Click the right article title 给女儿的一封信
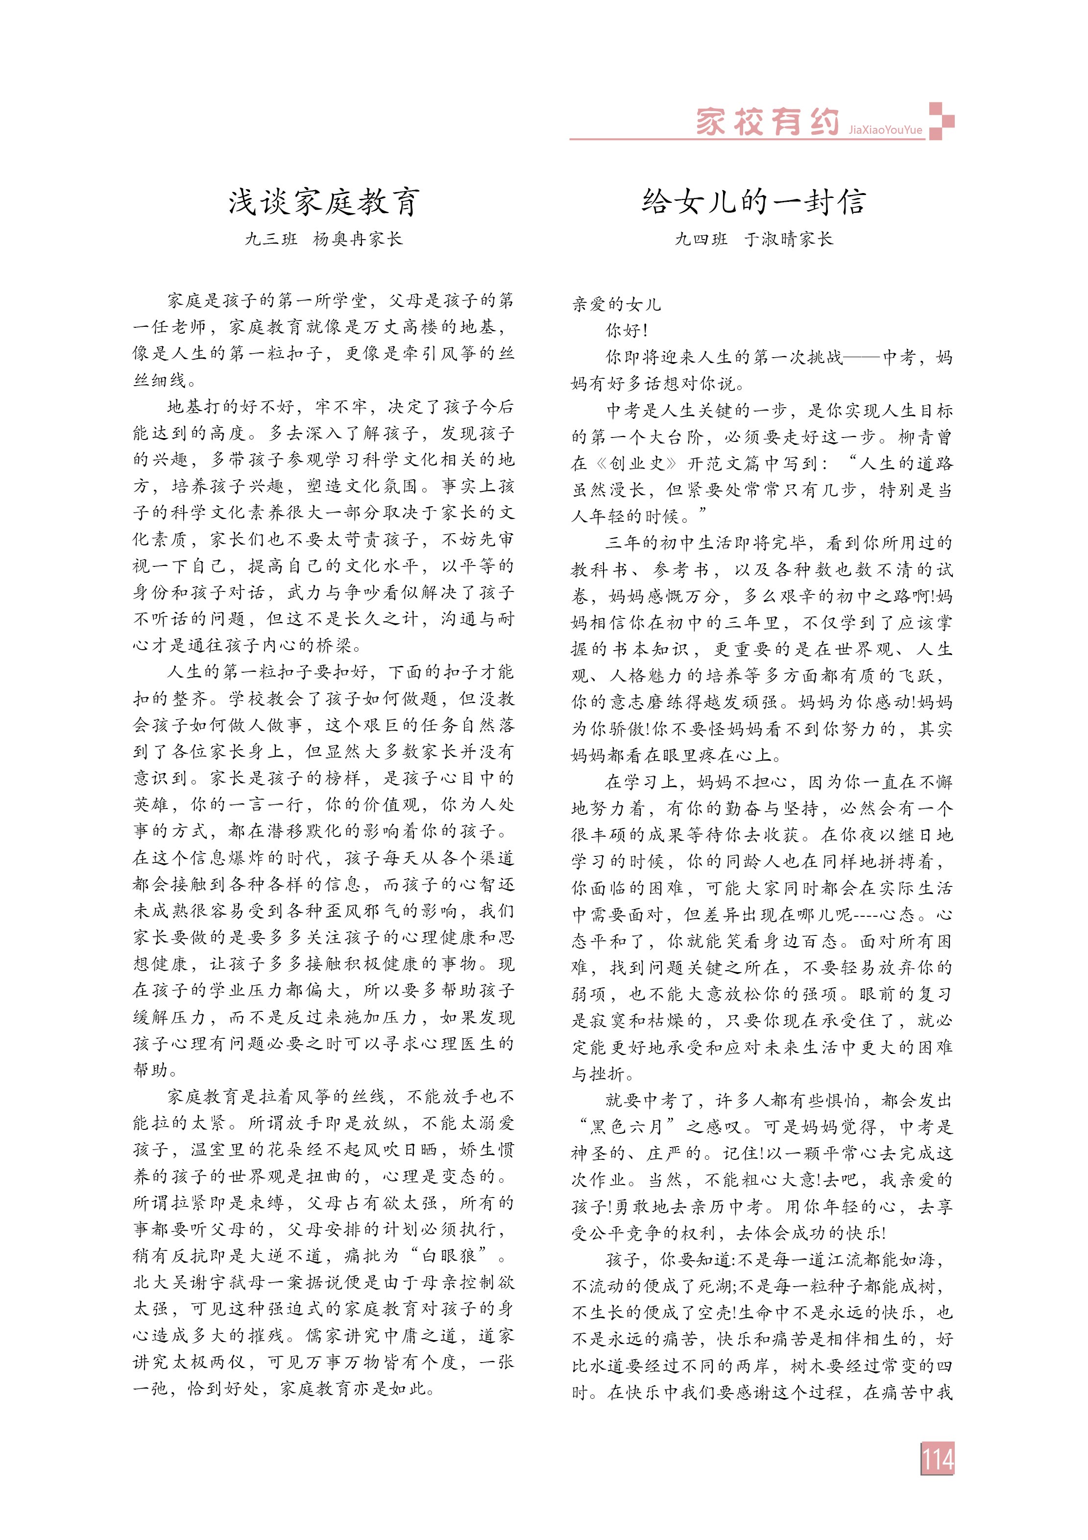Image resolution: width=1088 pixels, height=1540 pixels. [753, 202]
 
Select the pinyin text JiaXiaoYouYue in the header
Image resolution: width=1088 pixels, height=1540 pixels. [885, 130]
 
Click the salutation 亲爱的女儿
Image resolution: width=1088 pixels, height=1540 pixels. [616, 304]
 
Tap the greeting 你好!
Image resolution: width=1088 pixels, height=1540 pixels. [627, 331]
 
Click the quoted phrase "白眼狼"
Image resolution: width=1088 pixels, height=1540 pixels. [454, 1256]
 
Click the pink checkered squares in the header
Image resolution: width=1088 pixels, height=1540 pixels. [941, 121]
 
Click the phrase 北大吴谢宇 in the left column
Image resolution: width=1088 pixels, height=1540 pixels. [178, 1282]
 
